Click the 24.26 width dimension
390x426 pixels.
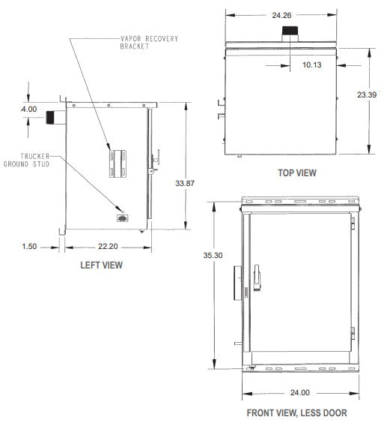tap(281, 14)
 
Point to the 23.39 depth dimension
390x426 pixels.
tap(366, 94)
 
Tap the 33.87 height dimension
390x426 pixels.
tap(185, 181)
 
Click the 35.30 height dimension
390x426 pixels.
tap(214, 277)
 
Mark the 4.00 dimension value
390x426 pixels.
tap(28, 110)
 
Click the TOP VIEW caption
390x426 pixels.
tap(296, 172)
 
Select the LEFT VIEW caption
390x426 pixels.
tap(101, 265)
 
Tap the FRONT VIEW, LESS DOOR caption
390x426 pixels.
tap(296, 412)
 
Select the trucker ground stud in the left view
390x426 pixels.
tap(121, 218)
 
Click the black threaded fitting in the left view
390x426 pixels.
tap(52, 117)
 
